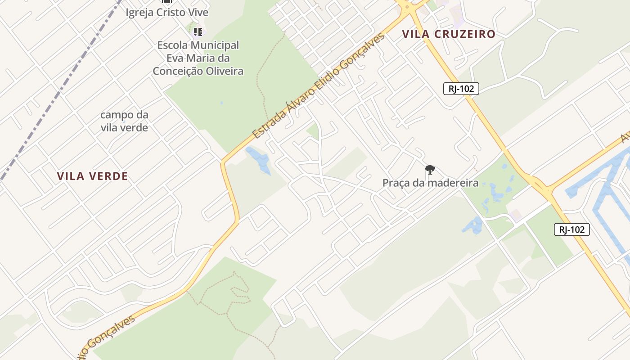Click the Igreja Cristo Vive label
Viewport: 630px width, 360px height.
coord(167,12)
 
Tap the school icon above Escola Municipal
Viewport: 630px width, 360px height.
coord(198,31)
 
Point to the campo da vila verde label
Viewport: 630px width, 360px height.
coord(124,121)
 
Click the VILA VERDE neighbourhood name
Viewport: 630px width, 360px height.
coord(93,176)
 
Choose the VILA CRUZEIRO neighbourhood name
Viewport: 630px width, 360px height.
coord(449,34)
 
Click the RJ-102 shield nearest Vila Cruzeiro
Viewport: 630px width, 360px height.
coord(461,89)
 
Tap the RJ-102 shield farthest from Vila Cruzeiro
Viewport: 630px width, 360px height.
coord(571,229)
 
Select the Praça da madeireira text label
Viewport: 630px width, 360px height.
coord(430,183)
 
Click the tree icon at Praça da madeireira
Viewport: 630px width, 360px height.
coord(430,170)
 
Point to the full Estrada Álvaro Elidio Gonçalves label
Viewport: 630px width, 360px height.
coord(319,85)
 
